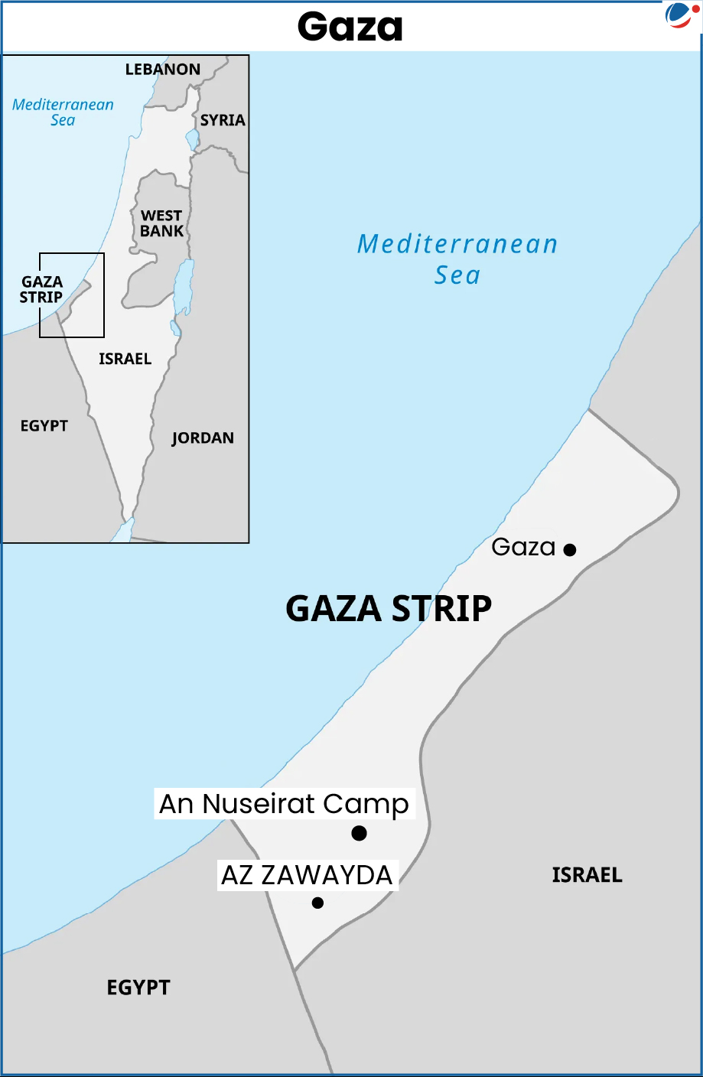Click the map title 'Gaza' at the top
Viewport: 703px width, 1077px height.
pyautogui.click(x=350, y=27)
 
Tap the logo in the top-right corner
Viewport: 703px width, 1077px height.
pyautogui.click(x=679, y=15)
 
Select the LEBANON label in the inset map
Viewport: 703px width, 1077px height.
pyautogui.click(x=163, y=70)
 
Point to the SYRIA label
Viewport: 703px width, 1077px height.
pyautogui.click(x=223, y=120)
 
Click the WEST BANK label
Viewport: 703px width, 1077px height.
pyautogui.click(x=161, y=223)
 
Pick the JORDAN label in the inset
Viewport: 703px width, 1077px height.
pyautogui.click(x=203, y=438)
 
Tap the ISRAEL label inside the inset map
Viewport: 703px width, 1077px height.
pyautogui.click(x=125, y=359)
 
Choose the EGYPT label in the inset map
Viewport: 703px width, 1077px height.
pyautogui.click(x=44, y=426)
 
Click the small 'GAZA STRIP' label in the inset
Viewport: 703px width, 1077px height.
pyautogui.click(x=41, y=290)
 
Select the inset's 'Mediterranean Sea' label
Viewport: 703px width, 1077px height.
pyautogui.click(x=63, y=112)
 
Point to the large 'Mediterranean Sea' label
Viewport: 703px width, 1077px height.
pyautogui.click(x=457, y=259)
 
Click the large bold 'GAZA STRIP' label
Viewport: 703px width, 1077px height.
pyautogui.click(x=389, y=609)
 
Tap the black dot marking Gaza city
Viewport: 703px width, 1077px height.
pyautogui.click(x=570, y=549)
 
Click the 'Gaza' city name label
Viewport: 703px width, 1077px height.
pyautogui.click(x=523, y=547)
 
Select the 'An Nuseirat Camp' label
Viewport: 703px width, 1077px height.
pyautogui.click(x=285, y=804)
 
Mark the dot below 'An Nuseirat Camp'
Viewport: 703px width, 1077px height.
pyautogui.click(x=359, y=833)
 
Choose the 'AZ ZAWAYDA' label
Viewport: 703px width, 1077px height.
pyautogui.click(x=307, y=875)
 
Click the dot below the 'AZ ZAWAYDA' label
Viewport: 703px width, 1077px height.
pyautogui.click(x=317, y=903)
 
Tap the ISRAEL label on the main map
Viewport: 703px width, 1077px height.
pyautogui.click(x=587, y=875)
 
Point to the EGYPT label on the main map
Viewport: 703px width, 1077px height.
pyautogui.click(x=138, y=988)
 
